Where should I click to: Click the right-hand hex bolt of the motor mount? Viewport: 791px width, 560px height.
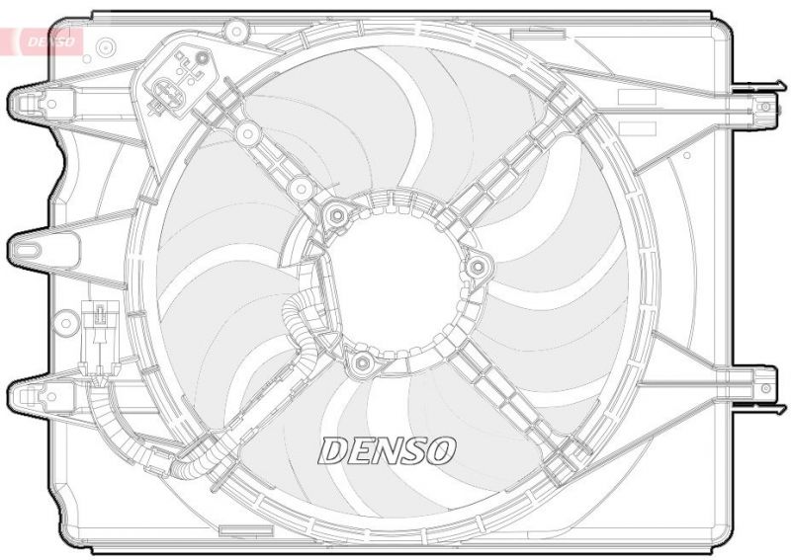point(479,266)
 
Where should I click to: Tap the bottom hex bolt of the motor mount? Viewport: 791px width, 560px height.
point(361,365)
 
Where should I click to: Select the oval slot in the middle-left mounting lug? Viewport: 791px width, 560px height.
point(44,243)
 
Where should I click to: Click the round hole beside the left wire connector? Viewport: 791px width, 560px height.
point(66,321)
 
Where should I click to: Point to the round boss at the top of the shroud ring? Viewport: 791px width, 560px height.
point(233,32)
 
